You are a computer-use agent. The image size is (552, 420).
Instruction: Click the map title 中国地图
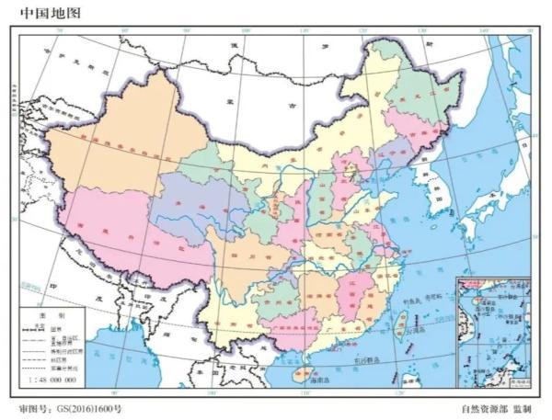click(42, 13)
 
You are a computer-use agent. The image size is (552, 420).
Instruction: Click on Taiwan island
click(401, 322)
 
